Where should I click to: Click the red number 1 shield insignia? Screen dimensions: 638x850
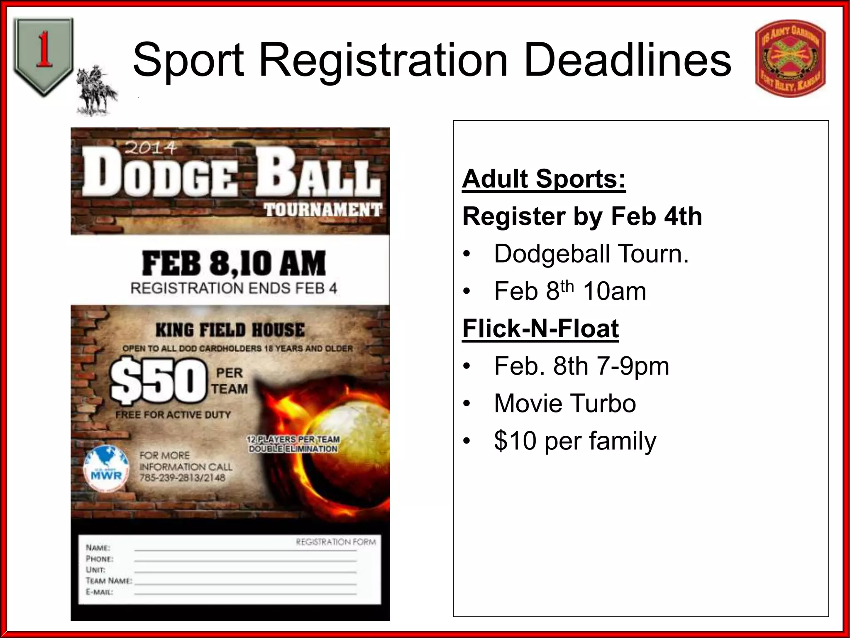[43, 56]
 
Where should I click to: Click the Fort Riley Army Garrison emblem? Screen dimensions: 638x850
[790, 59]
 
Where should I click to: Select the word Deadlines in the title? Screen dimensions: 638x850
[628, 61]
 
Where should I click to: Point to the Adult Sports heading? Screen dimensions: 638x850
[544, 179]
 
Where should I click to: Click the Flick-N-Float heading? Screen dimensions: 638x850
[540, 329]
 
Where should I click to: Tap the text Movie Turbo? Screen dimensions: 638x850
[565, 403]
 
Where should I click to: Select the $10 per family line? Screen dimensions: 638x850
[575, 441]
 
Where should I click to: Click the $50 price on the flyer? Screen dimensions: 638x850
[158, 381]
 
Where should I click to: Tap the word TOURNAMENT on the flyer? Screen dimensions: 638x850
[323, 210]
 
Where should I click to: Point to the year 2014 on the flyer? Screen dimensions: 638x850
[151, 147]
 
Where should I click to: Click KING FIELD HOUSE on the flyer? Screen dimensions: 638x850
[230, 331]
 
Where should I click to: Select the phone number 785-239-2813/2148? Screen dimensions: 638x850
[182, 478]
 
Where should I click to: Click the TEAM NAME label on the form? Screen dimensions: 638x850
[109, 581]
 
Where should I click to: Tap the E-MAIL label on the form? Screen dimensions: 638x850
[99, 592]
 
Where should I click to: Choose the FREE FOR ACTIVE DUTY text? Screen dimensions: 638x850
[173, 415]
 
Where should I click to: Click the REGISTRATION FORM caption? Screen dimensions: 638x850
[336, 542]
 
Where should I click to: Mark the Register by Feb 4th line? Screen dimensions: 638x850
[582, 216]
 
